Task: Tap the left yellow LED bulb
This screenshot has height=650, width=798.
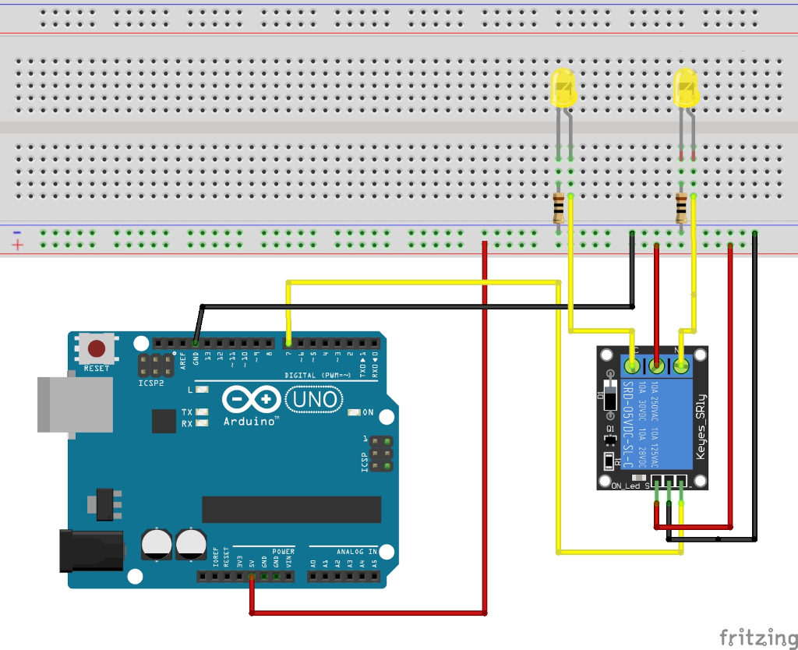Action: (x=562, y=87)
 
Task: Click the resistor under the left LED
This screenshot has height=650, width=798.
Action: (x=559, y=208)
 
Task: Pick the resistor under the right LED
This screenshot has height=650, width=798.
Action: (x=682, y=208)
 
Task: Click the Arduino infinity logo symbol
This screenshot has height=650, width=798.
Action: (x=250, y=400)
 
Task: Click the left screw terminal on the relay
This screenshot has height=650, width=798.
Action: (x=632, y=365)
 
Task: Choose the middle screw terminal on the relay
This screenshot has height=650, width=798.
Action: (x=657, y=365)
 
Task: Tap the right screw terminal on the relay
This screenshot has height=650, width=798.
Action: (x=683, y=365)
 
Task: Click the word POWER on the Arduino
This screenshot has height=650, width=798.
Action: (x=283, y=552)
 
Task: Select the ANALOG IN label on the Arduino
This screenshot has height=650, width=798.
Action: (x=357, y=552)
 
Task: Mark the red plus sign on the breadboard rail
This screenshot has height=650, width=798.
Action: (x=17, y=246)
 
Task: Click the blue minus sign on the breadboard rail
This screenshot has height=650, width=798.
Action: (x=16, y=232)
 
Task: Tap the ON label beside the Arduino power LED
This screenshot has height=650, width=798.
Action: (x=368, y=412)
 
